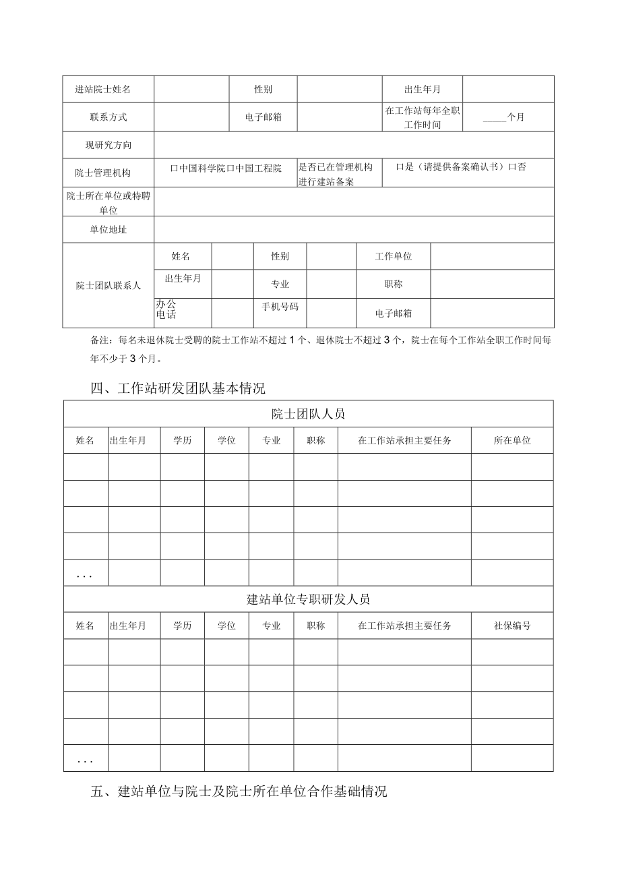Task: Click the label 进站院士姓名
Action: click(108, 90)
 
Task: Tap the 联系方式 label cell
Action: click(108, 117)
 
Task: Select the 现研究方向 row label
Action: click(108, 145)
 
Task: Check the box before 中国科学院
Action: click(174, 168)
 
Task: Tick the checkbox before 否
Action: click(512, 167)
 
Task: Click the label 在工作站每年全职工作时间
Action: click(422, 117)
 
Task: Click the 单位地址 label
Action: click(108, 230)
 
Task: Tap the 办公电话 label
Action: click(166, 309)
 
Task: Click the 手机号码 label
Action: click(280, 307)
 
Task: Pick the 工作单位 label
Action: click(393, 257)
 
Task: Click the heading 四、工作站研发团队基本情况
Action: click(178, 388)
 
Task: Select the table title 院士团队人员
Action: click(308, 413)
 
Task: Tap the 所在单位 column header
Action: click(511, 440)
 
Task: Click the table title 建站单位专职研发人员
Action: click(308, 599)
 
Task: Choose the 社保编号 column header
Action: click(511, 626)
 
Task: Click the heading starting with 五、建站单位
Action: click(239, 792)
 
